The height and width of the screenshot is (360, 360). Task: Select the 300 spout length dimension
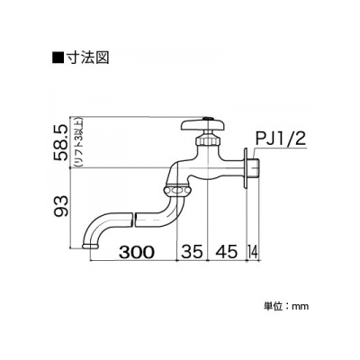[x=137, y=252]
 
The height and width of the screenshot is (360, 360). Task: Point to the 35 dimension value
[x=193, y=252]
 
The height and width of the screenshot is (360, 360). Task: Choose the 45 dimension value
[x=226, y=252]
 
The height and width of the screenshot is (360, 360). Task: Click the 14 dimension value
[x=252, y=252]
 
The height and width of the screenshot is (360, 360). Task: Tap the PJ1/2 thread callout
[x=281, y=139]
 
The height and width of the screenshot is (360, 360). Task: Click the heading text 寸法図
[x=86, y=58]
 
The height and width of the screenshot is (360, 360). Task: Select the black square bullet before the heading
[x=58, y=58]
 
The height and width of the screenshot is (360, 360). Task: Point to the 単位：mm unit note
[x=286, y=306]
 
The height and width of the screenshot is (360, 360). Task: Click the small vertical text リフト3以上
[x=76, y=143]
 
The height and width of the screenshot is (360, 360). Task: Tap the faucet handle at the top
[x=203, y=125]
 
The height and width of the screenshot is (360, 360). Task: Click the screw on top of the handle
[x=207, y=118]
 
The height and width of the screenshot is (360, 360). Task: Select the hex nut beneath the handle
[x=207, y=140]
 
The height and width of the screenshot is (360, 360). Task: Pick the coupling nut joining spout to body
[x=176, y=190]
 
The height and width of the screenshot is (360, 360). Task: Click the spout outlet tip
[x=90, y=246]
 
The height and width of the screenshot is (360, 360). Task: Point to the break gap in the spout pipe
[x=134, y=220]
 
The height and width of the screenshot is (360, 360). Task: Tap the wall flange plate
[x=245, y=167]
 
